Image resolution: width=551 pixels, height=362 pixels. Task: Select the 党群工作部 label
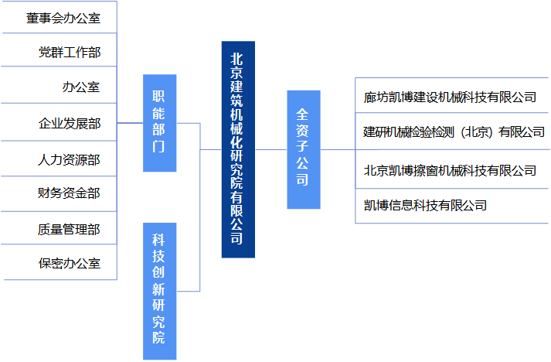pyautogui.click(x=69, y=53)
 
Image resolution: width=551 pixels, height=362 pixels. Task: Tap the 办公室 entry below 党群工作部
pyautogui.click(x=80, y=87)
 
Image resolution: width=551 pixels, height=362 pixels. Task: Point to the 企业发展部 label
pyautogui.click(x=69, y=123)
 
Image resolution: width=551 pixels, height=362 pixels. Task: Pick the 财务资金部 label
pyautogui.click(x=69, y=193)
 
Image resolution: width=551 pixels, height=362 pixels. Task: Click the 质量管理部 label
pyautogui.click(x=69, y=229)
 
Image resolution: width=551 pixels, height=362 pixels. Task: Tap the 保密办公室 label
pyautogui.click(x=69, y=263)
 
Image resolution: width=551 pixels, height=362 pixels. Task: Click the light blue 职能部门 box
pyautogui.click(x=159, y=122)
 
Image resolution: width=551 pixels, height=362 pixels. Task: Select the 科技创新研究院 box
pyautogui.click(x=159, y=290)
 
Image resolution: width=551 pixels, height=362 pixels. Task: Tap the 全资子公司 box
pyautogui.click(x=303, y=149)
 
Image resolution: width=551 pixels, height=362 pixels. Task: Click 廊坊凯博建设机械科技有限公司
pyautogui.click(x=450, y=97)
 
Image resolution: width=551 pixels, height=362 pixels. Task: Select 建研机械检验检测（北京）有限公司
pyautogui.click(x=454, y=132)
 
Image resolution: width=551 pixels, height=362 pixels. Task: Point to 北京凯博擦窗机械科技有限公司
pyautogui.click(x=450, y=170)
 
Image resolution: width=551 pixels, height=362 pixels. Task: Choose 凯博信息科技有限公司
pyautogui.click(x=425, y=205)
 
